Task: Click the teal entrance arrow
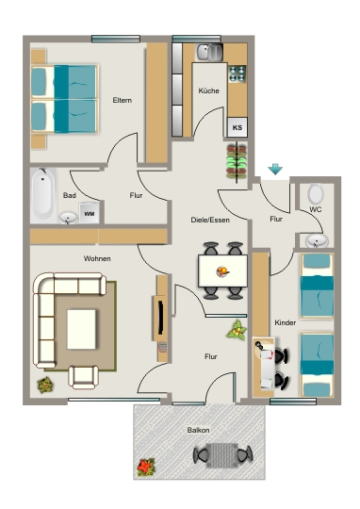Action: tap(275, 170)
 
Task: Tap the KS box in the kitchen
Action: tap(237, 127)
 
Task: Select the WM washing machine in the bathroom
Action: tap(89, 213)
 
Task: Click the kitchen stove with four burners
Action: tap(237, 74)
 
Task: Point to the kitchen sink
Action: tap(209, 52)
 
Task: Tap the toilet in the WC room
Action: tap(316, 193)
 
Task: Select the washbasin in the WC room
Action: tap(317, 241)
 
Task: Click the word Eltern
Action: tap(123, 100)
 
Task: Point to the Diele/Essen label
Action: tap(210, 220)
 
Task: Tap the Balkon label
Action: tap(198, 430)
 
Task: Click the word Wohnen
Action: tap(97, 258)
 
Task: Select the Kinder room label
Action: tap(285, 322)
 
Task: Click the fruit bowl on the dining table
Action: tap(222, 271)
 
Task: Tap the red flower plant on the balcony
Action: tap(146, 468)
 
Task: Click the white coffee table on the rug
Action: tap(81, 329)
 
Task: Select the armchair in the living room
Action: tap(84, 377)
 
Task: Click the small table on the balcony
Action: tap(222, 455)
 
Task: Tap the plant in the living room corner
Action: tap(45, 385)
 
